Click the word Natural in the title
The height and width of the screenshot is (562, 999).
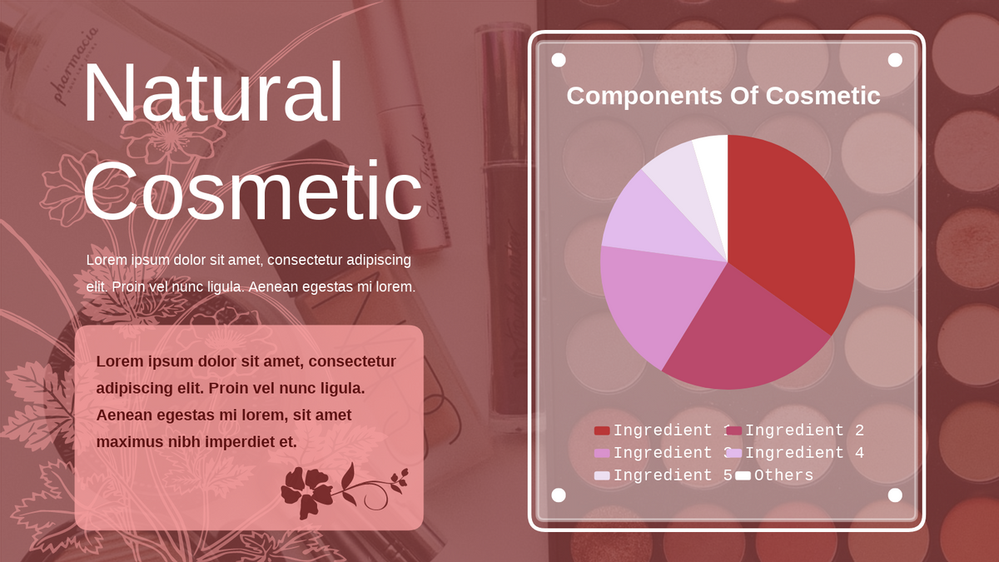pos(213,92)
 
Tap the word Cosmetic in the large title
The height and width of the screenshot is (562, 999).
pos(252,191)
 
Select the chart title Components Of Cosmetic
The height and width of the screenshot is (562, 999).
pos(723,96)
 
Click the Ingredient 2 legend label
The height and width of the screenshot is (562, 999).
pos(805,430)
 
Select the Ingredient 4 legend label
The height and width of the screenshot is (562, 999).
pos(805,453)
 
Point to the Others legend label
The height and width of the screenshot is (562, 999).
pos(783,475)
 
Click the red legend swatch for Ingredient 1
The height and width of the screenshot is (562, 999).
pos(602,430)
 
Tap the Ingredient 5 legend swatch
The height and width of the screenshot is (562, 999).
pos(602,475)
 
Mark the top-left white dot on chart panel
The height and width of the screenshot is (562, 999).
pos(559,60)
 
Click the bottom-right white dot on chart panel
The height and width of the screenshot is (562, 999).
pos(895,495)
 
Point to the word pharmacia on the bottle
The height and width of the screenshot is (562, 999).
pos(74,65)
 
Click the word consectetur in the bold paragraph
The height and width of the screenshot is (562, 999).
pos(352,361)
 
